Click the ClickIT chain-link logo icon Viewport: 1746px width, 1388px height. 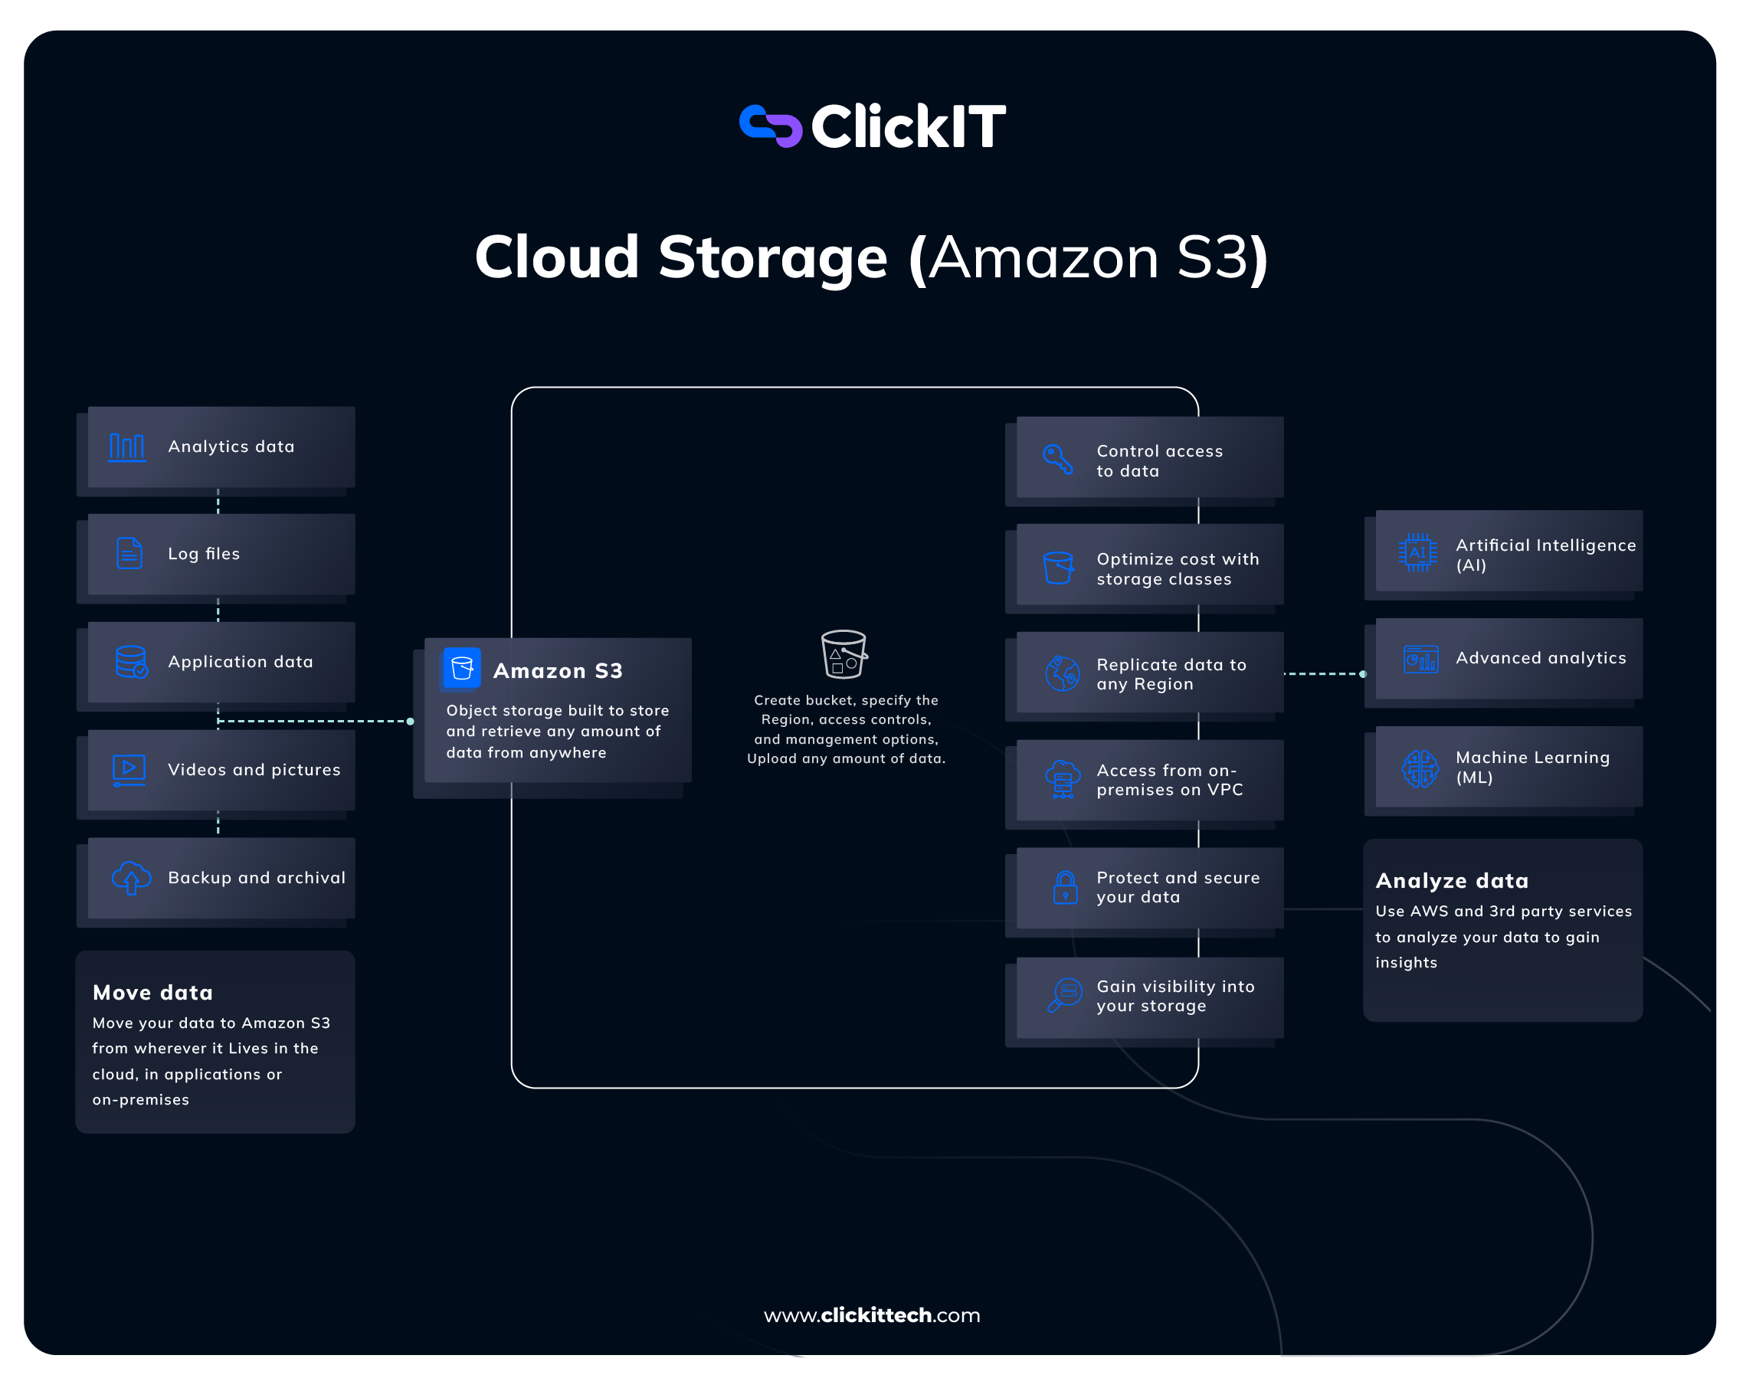[x=770, y=126]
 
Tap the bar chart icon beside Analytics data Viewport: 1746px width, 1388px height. [x=127, y=447]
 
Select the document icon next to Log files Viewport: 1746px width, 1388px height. [x=129, y=554]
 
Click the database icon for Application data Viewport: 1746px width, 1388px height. [x=131, y=662]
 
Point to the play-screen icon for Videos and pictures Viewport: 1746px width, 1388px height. [x=129, y=770]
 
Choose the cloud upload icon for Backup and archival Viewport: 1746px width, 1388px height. [x=131, y=878]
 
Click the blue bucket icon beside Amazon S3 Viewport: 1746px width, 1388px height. [x=462, y=668]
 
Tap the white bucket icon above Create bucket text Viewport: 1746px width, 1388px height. [x=844, y=653]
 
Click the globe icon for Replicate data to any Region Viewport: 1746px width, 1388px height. [x=1062, y=674]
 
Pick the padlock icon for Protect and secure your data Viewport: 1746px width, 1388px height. [x=1065, y=888]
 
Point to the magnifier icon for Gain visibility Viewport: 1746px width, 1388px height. [x=1064, y=995]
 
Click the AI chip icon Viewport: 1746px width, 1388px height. [x=1417, y=553]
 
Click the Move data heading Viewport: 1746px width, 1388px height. [x=153, y=993]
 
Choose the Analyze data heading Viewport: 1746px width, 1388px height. [x=1452, y=881]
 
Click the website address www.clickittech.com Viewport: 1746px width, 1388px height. [x=872, y=1315]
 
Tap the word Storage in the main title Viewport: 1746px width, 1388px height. [x=772, y=257]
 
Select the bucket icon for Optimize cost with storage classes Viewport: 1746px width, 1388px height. [x=1059, y=568]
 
